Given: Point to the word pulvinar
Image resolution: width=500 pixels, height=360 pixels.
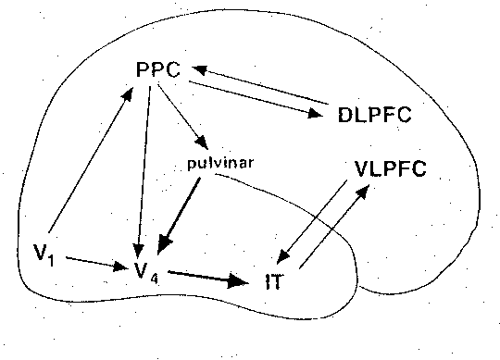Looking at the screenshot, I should coord(219,164).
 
